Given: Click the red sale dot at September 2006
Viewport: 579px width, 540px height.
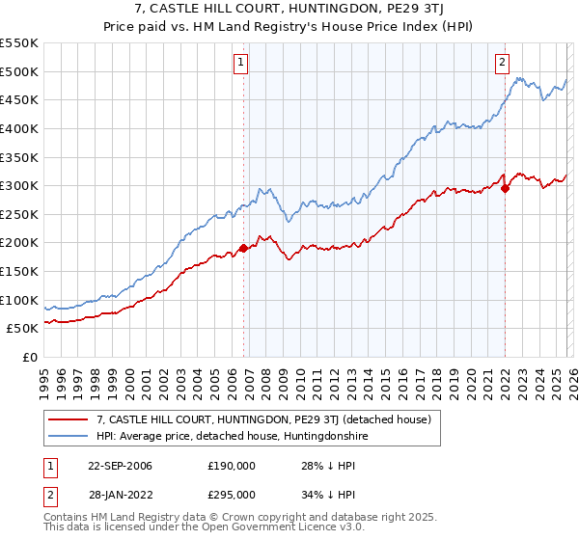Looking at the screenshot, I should [x=243, y=249].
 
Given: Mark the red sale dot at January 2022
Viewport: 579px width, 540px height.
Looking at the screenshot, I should [x=506, y=188].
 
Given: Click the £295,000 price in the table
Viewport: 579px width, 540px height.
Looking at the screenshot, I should [x=231, y=494].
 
